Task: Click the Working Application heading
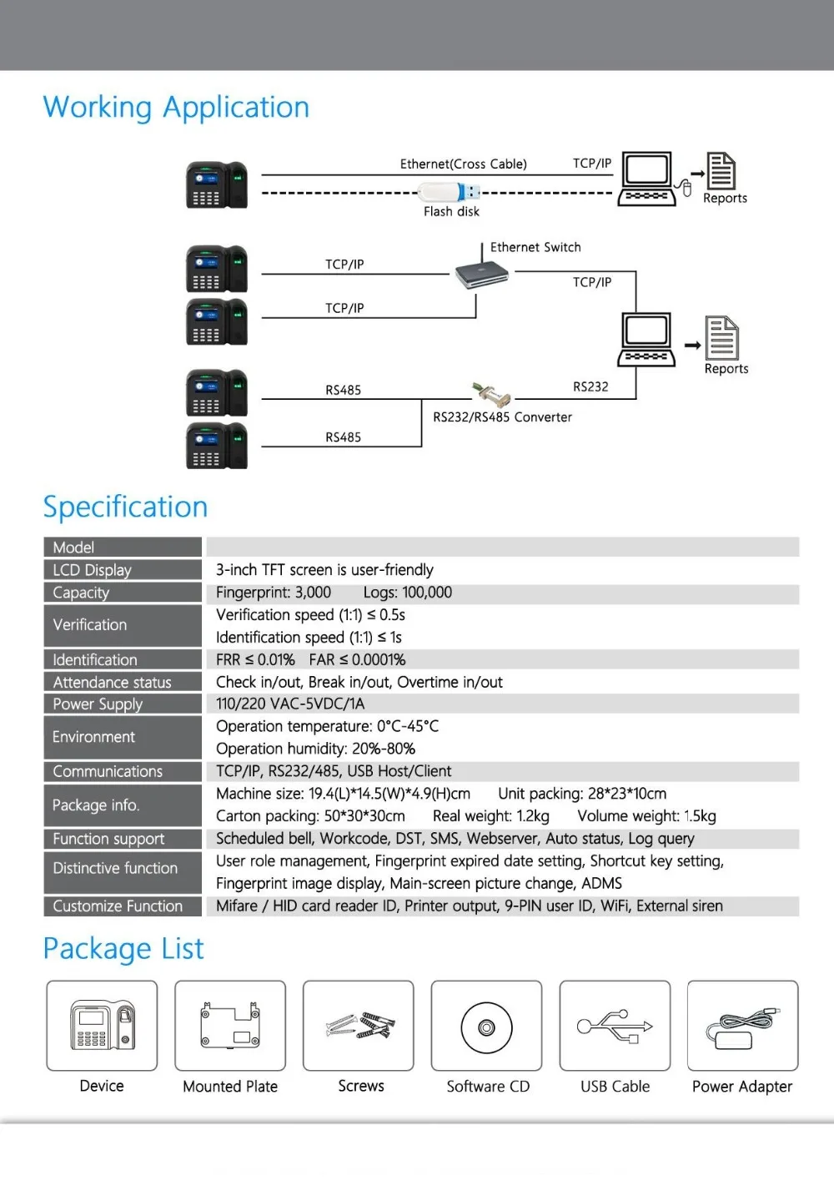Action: coord(176,108)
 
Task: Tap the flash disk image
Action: coord(449,192)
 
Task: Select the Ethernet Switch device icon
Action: coord(482,274)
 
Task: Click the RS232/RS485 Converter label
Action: coord(502,417)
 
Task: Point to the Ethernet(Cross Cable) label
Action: coord(463,164)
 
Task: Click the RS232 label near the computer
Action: coord(590,387)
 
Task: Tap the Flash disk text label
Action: coord(451,211)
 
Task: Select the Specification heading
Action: coord(125,507)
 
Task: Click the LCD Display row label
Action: coord(93,570)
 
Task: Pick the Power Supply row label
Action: coord(98,704)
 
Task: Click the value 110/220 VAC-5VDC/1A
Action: coord(290,704)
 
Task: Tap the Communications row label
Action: coord(108,771)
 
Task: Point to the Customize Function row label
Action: coord(118,906)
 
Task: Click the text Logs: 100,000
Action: coord(407,593)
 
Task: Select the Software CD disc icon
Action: coord(486,1027)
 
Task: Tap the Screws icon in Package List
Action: coord(360,1026)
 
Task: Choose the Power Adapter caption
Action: coord(741,1087)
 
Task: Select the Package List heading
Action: coord(123,948)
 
